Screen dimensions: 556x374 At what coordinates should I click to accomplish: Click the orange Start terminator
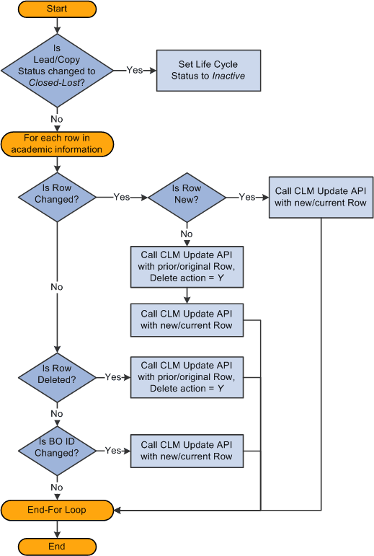coord(57,9)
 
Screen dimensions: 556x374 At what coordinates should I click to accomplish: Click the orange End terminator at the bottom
coord(57,546)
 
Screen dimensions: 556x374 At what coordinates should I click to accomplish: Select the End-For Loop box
coord(57,510)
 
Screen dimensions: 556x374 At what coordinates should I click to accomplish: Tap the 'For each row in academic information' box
coord(57,144)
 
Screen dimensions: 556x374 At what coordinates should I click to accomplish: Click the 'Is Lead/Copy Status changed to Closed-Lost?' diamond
coord(57,70)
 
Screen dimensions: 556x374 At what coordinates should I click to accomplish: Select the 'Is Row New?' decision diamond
coord(186,195)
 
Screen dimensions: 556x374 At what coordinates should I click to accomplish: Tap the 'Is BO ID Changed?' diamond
coord(57,451)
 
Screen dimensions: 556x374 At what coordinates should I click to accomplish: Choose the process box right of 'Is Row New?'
coord(321,197)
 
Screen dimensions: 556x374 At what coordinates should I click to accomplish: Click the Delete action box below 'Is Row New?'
coord(186,266)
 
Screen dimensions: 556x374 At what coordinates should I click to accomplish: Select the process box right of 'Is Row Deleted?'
coord(186,376)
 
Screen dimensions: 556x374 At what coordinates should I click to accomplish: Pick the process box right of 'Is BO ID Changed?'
coord(186,451)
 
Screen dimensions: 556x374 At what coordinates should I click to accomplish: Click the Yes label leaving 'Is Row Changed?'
coord(121,196)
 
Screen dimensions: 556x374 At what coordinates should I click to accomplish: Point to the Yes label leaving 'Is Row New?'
coord(246,196)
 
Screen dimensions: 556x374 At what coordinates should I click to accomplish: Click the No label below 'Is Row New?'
coord(186,234)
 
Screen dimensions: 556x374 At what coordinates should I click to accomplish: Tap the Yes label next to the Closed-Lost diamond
coord(134,71)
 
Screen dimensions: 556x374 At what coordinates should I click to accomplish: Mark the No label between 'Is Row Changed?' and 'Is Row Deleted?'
coord(57,287)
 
